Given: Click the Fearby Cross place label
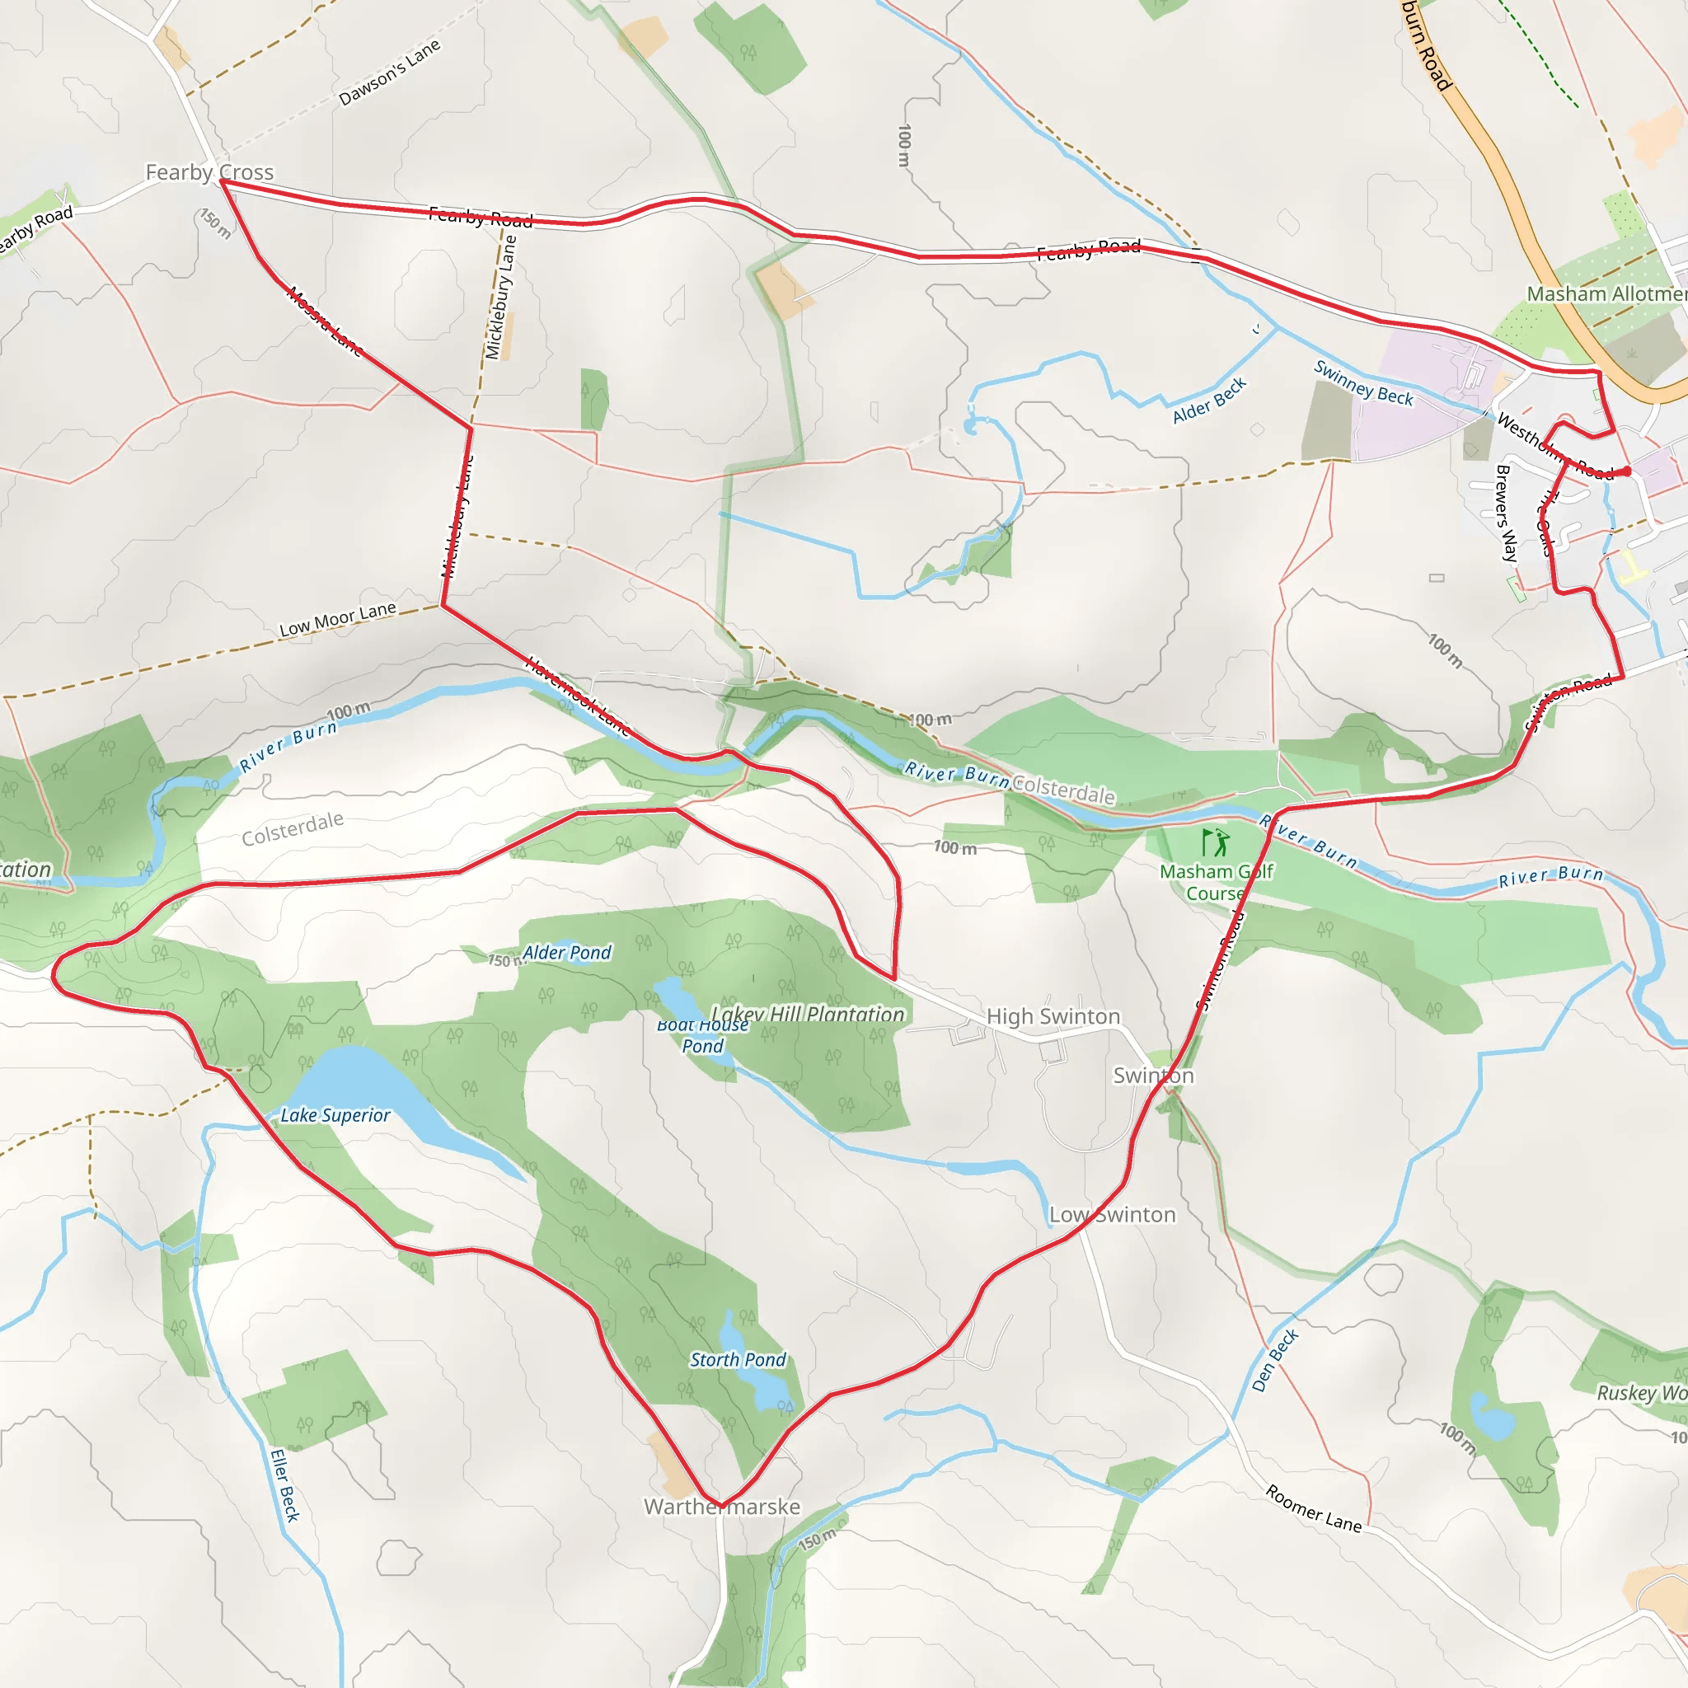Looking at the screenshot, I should [209, 172].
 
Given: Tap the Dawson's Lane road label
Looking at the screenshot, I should [389, 73].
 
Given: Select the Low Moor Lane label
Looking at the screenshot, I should [337, 619].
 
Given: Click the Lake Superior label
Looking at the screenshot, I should [335, 1115].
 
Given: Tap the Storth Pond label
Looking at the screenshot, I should [738, 1359].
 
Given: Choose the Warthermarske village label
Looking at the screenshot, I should [722, 1507].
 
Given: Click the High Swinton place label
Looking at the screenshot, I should [1053, 1016].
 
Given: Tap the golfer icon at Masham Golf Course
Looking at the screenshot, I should [1216, 842].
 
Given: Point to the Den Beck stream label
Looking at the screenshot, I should [1275, 1359].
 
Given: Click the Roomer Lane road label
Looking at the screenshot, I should [1313, 1508].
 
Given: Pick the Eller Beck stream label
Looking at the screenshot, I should [285, 1485].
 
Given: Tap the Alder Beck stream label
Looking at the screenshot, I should [1209, 400].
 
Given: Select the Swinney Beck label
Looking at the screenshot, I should [1363, 382].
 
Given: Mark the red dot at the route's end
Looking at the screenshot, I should [1626, 471].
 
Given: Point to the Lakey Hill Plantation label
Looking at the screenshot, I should [809, 1014].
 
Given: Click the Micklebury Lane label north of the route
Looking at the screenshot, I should [500, 297].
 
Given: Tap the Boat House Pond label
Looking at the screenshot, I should [702, 1035].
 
